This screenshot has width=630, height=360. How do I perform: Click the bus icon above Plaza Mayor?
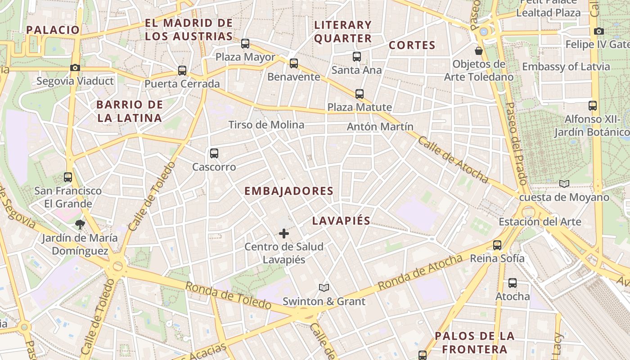(245, 44)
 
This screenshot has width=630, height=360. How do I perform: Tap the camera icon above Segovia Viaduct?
(75, 67)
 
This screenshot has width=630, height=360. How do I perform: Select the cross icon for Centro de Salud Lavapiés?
(284, 233)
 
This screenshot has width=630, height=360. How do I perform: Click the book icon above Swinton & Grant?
(324, 288)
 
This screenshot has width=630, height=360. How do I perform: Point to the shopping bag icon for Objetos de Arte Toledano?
(479, 50)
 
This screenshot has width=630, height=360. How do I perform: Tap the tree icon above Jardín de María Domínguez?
(80, 224)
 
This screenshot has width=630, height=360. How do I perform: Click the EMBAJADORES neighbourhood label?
(289, 191)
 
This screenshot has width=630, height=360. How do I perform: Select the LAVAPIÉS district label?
(341, 220)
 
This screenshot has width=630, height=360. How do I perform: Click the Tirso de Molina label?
(266, 125)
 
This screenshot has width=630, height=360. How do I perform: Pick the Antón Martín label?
(380, 127)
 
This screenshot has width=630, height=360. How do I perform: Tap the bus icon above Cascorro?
(214, 153)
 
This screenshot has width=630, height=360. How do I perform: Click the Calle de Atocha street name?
(453, 160)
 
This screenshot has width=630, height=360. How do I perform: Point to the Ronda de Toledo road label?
(228, 296)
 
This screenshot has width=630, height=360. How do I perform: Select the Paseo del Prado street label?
(516, 144)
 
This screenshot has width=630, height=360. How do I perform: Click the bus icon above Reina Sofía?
(497, 245)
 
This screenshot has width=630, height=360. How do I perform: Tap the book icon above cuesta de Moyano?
(564, 184)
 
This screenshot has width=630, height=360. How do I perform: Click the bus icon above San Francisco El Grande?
(68, 177)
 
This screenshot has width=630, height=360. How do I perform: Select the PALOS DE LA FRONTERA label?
(474, 342)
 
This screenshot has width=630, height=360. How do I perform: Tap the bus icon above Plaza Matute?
(359, 94)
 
